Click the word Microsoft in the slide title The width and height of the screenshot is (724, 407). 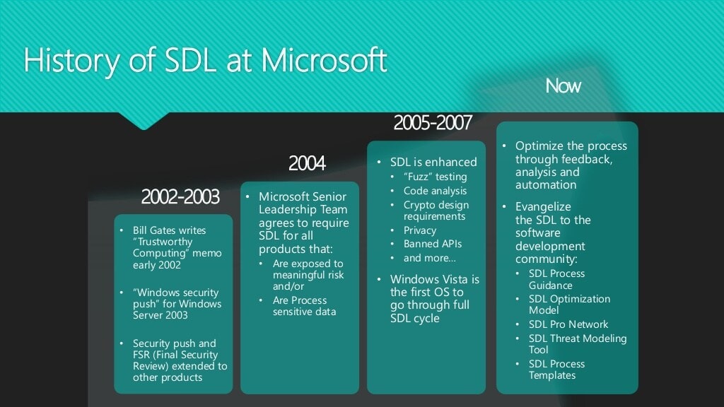324,61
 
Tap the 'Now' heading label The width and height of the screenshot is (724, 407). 563,85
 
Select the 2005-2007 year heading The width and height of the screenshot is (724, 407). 433,123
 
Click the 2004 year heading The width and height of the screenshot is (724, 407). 307,163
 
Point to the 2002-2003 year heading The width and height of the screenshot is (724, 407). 180,197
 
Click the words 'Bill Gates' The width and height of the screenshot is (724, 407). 154,230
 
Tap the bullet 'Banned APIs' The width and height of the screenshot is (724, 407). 433,244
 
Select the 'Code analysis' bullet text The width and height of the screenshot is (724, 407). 435,191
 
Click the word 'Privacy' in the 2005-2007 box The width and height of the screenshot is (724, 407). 420,230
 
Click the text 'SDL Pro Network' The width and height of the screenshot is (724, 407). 568,324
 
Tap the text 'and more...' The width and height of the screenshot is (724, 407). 429,258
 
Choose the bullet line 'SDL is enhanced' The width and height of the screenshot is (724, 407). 433,162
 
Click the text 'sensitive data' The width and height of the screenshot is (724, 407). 304,312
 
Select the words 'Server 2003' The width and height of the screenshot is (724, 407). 160,315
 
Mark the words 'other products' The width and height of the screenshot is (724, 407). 168,377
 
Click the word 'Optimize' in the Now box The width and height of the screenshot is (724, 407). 538,146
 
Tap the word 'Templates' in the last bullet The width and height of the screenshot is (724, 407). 552,375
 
